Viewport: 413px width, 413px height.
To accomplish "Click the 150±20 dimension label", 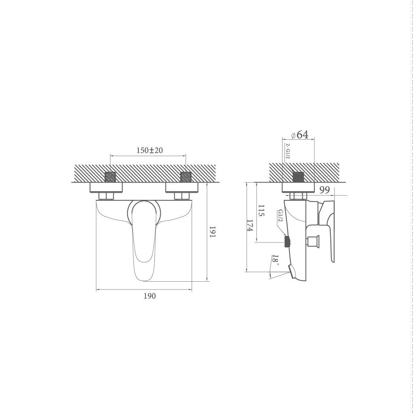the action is click(150, 150).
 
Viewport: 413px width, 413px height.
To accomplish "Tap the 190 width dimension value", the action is click(150, 296).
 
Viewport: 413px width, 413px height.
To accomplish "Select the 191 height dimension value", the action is click(212, 232).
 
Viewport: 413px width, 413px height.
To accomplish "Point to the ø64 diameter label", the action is click(300, 135).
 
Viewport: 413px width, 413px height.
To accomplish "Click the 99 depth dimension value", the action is click(325, 190).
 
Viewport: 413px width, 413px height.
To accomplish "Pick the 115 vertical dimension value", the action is click(261, 211).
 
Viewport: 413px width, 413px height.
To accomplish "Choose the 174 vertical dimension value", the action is click(250, 225).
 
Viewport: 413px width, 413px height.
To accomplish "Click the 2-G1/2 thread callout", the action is click(287, 151).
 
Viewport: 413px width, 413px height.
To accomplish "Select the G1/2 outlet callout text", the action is click(280, 216).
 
